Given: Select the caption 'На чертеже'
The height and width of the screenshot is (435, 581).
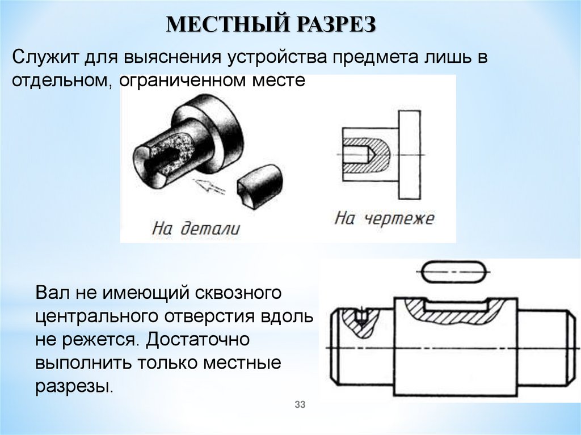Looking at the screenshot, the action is (x=384, y=218).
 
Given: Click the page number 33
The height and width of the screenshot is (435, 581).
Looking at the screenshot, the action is (x=300, y=404).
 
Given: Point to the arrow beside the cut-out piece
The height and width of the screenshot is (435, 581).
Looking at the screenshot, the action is (x=208, y=185).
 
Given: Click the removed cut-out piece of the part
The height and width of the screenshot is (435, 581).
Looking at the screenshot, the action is (x=260, y=184).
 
